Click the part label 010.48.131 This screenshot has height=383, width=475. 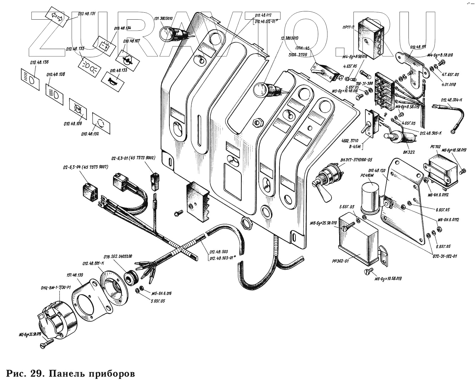[x=86, y=14]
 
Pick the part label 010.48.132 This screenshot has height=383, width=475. [x=90, y=134]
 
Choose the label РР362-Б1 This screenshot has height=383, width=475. [x=340, y=261]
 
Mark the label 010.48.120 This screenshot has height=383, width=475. [x=377, y=171]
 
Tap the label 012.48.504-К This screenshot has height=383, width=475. [x=452, y=100]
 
